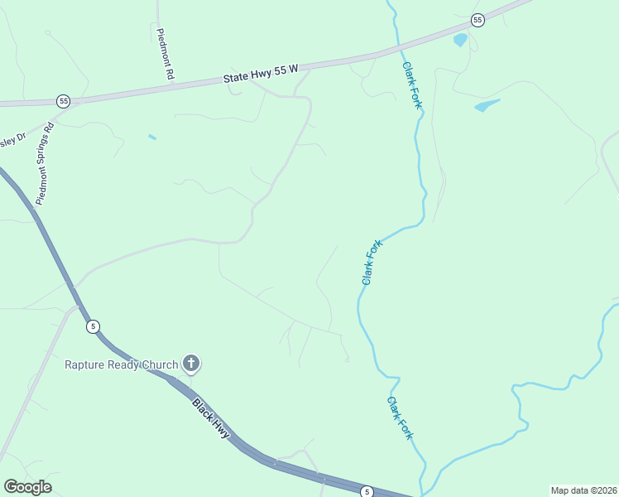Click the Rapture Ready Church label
(122, 364)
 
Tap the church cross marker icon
(191, 363)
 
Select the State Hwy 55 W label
(259, 74)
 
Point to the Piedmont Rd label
(165, 55)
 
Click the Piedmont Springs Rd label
(45, 163)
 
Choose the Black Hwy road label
(211, 419)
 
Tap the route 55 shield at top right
(477, 19)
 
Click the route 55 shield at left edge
(63, 101)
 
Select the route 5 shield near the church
(93, 326)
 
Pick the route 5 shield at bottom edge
(367, 492)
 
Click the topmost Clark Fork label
(411, 84)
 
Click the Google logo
(27, 487)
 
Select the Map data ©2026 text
(583, 490)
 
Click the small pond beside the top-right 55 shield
(460, 39)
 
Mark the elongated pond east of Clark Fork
(487, 105)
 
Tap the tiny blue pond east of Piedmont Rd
(151, 137)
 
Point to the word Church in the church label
(161, 364)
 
